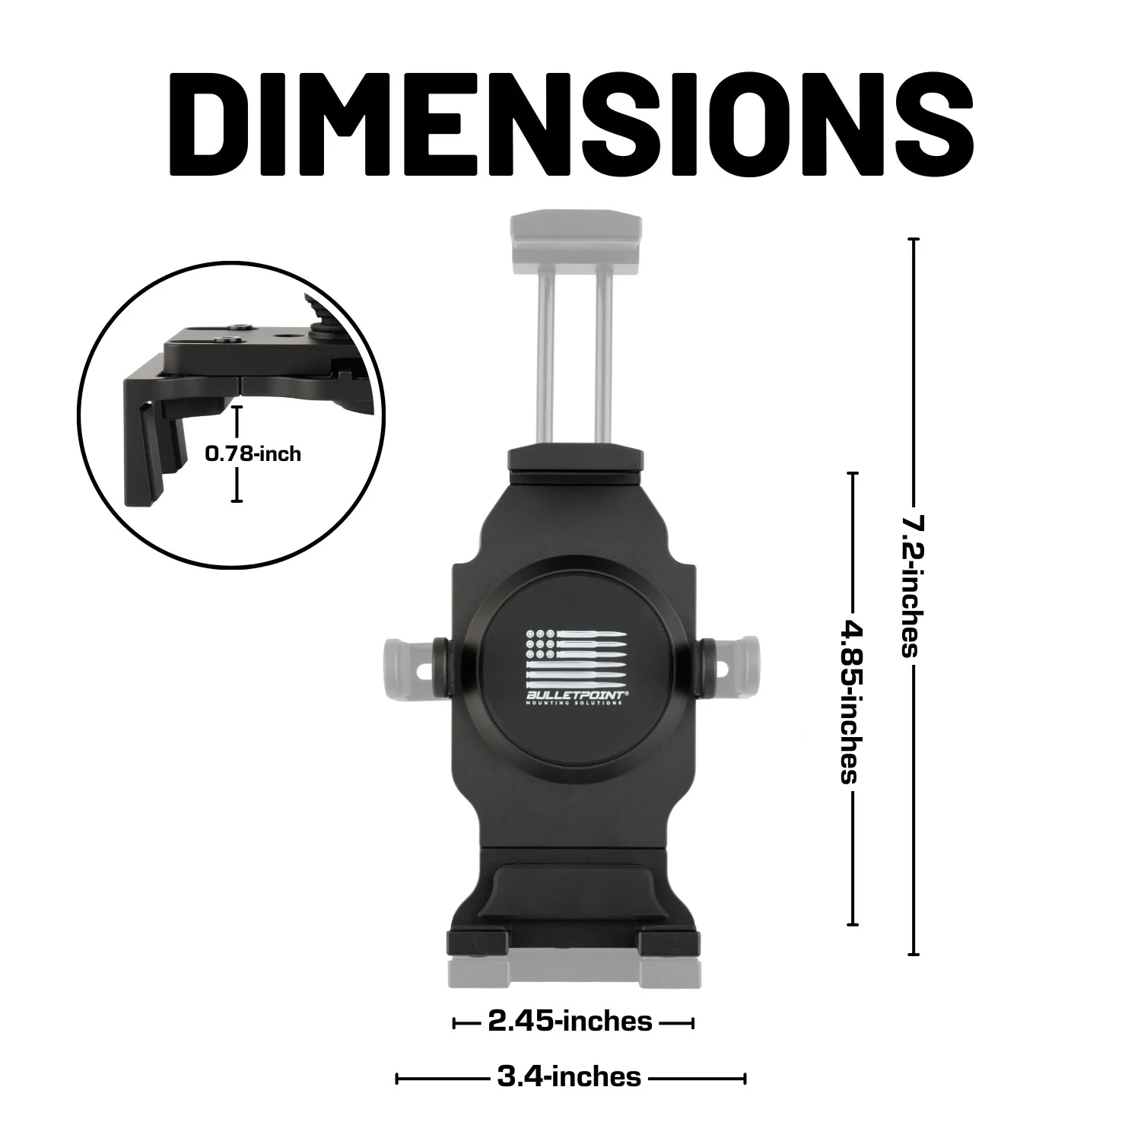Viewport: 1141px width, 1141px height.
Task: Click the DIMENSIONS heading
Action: point(570,123)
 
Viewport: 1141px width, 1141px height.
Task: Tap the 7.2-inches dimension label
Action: point(911,586)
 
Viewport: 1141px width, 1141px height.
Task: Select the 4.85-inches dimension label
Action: point(850,700)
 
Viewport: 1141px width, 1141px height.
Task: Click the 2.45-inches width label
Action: point(570,1022)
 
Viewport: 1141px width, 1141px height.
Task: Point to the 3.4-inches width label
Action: point(569,1077)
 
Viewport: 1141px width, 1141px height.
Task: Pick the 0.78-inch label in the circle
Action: point(253,454)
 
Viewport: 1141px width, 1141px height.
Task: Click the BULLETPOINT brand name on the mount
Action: point(574,694)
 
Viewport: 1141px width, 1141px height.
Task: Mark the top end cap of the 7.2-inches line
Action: point(913,240)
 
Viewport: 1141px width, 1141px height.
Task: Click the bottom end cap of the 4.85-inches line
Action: point(852,924)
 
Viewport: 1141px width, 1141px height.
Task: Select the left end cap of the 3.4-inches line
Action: point(398,1079)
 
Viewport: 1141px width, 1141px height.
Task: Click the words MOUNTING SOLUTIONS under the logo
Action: point(574,704)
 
